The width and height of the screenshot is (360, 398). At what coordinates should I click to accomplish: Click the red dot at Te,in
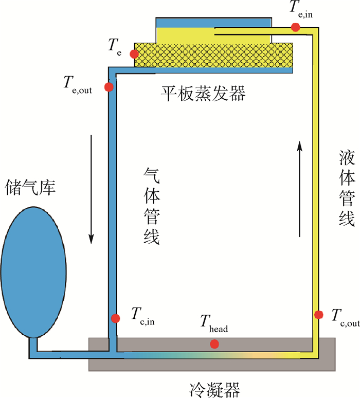296,27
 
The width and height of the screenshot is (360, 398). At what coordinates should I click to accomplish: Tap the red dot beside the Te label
134,54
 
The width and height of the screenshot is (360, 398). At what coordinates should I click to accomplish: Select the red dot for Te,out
109,87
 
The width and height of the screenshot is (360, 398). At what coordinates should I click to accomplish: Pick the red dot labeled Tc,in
116,318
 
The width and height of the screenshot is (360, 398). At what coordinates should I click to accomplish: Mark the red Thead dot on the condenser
214,344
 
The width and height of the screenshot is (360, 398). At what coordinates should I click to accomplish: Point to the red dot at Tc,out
318,314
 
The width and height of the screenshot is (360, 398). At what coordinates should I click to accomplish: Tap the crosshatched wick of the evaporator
214,54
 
